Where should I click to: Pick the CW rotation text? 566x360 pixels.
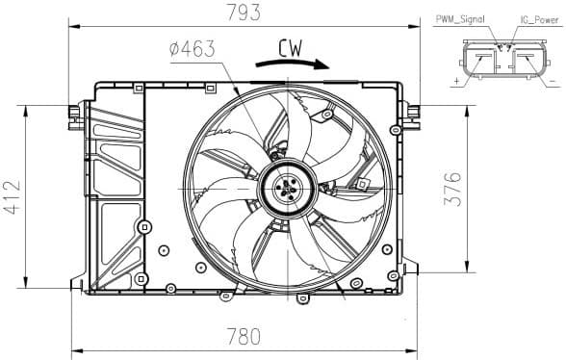pyautogui.click(x=295, y=46)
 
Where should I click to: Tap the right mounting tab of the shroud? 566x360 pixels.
pyautogui.click(x=414, y=111)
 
